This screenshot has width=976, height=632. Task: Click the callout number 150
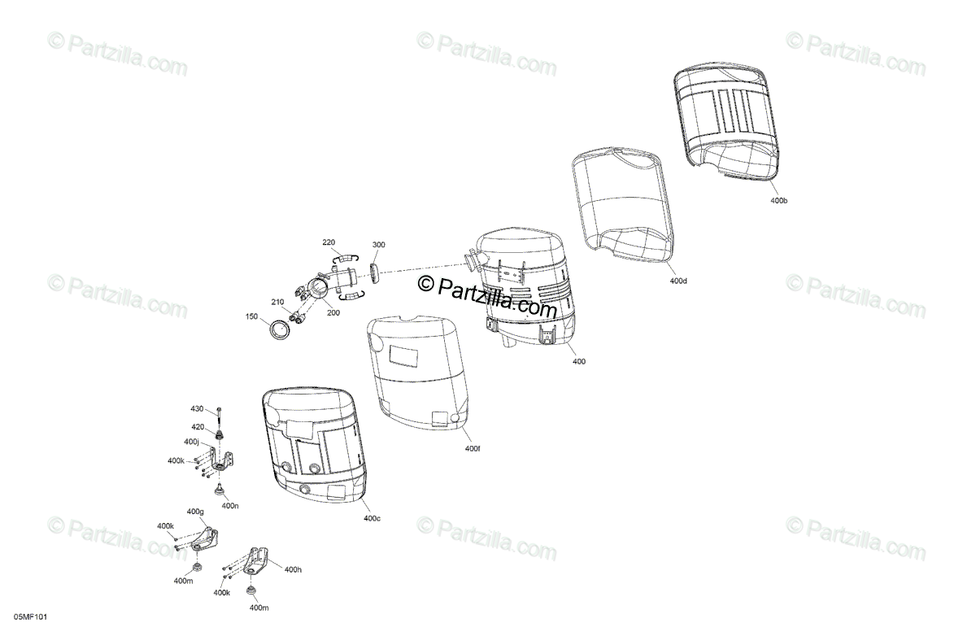252,316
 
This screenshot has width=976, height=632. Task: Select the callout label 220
329,242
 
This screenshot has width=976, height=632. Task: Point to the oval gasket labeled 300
376,272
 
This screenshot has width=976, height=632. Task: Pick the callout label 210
278,303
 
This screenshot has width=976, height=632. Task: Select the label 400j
192,442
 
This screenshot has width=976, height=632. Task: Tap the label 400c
372,518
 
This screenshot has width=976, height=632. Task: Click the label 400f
473,448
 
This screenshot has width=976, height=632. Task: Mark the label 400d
678,281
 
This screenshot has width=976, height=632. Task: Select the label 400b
778,200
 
